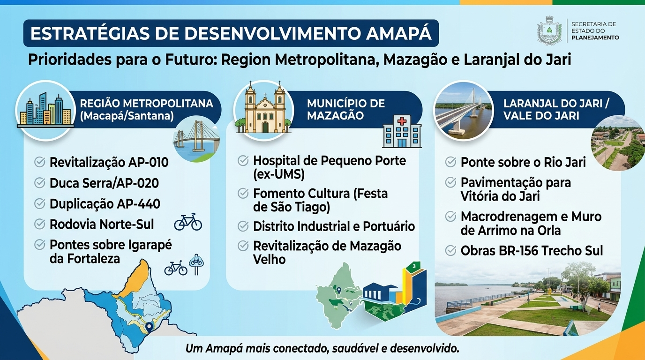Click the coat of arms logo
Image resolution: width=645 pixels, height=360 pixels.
[549, 31]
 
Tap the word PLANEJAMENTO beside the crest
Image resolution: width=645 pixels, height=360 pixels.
[595, 37]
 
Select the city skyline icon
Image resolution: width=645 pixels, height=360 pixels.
[45, 110]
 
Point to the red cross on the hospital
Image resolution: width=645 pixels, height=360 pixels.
[402, 121]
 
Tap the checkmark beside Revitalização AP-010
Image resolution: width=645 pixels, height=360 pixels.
[40, 162]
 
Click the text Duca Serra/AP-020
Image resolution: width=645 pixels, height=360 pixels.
[104, 183]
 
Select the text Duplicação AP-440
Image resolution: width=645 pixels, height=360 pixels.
[105, 204]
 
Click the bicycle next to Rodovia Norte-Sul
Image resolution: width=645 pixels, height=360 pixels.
[188, 222]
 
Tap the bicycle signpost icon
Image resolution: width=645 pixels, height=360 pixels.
[196, 264]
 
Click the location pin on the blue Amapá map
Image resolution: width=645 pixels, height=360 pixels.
[149, 328]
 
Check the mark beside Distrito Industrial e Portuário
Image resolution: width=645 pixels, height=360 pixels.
[243, 226]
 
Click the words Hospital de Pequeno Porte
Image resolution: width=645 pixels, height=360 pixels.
[330, 161]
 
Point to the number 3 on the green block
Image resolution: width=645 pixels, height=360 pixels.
[414, 266]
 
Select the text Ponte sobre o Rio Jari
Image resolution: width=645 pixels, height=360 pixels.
[523, 162]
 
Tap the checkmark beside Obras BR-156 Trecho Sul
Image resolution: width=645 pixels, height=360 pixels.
[450, 251]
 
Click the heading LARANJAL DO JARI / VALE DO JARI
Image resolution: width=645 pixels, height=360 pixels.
[556, 109]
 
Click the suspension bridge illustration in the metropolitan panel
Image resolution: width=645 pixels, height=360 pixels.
[196, 139]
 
